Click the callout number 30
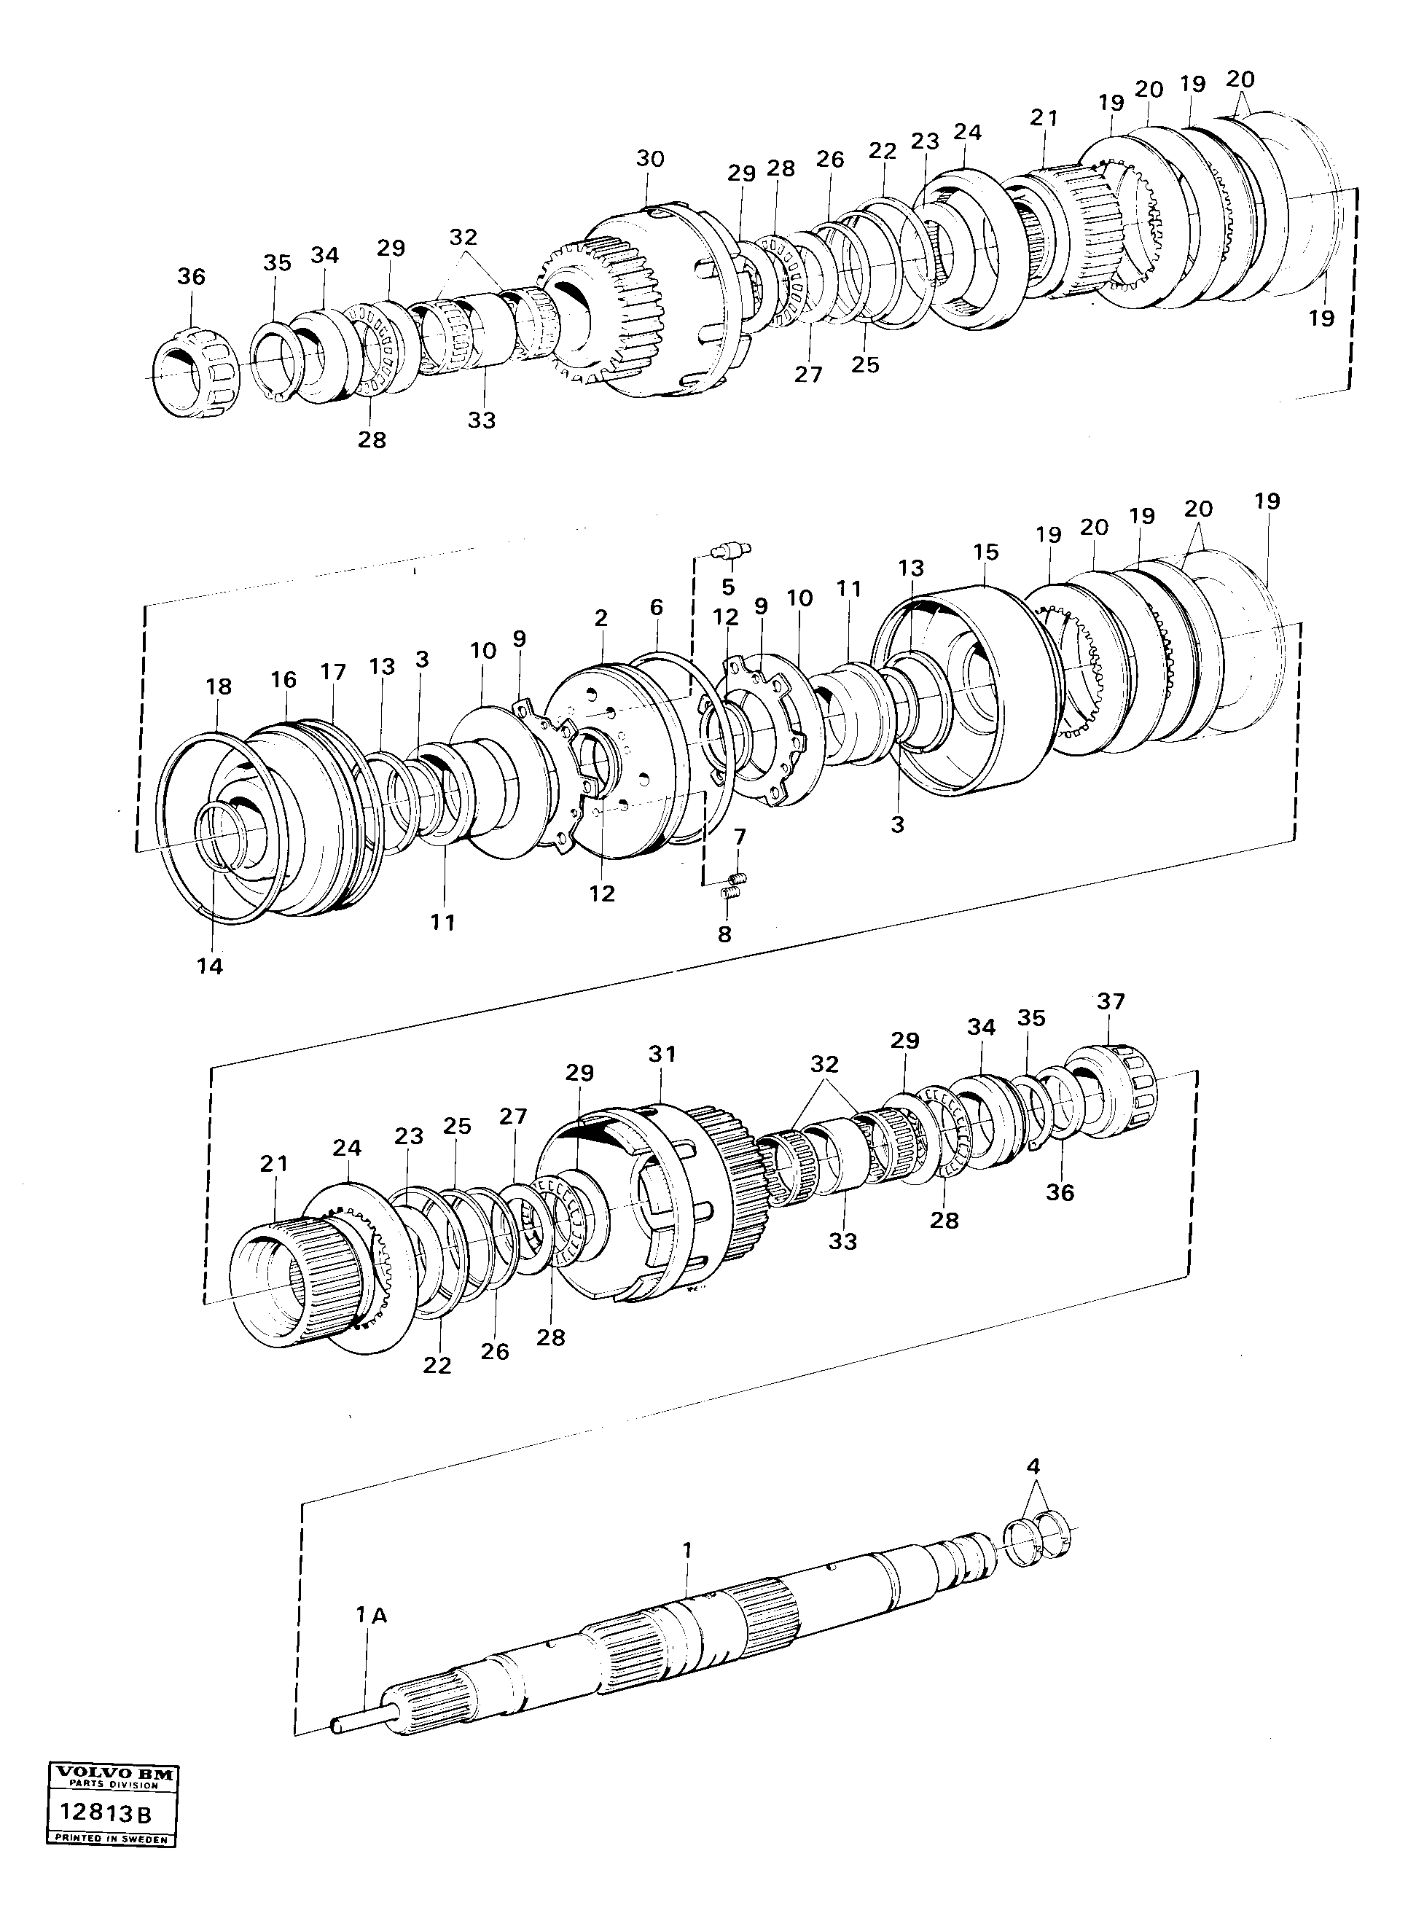click(650, 159)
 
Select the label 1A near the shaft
click(371, 1616)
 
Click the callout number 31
click(662, 1055)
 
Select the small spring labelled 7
click(739, 877)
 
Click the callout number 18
click(219, 686)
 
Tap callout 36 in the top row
click(191, 276)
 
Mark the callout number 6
click(656, 608)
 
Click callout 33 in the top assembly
click(482, 420)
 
